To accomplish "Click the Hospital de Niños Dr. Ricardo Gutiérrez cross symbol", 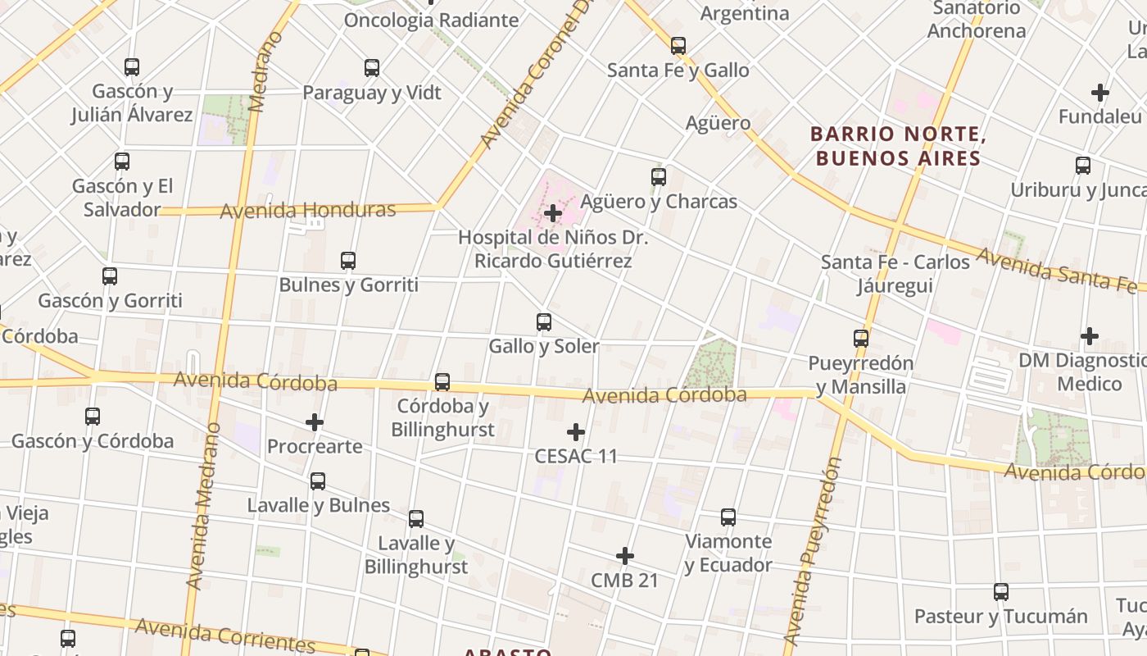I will pyautogui.click(x=553, y=214).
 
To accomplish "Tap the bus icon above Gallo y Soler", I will pyautogui.click(x=543, y=322).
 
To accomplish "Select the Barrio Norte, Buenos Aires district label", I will pyautogui.click(x=898, y=146).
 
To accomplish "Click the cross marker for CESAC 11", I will pyautogui.click(x=576, y=432).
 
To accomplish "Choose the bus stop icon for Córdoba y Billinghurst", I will pyautogui.click(x=442, y=382).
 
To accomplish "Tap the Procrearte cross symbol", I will pyautogui.click(x=315, y=422).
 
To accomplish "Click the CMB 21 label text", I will pyautogui.click(x=624, y=580).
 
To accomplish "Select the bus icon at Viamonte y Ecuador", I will pyautogui.click(x=728, y=517).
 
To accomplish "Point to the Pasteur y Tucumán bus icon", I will pyautogui.click(x=1000, y=592).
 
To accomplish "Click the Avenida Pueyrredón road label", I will pyautogui.click(x=812, y=551).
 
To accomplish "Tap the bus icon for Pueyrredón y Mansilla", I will pyautogui.click(x=861, y=339).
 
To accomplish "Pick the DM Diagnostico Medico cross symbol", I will pyautogui.click(x=1089, y=336).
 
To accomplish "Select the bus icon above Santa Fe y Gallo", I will pyautogui.click(x=678, y=46).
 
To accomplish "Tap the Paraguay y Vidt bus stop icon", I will pyautogui.click(x=372, y=68).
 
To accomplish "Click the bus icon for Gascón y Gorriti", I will pyautogui.click(x=110, y=276).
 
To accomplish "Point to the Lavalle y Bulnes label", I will pyautogui.click(x=318, y=505).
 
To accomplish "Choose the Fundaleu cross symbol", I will pyautogui.click(x=1099, y=93).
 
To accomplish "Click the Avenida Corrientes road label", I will pyautogui.click(x=224, y=634).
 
